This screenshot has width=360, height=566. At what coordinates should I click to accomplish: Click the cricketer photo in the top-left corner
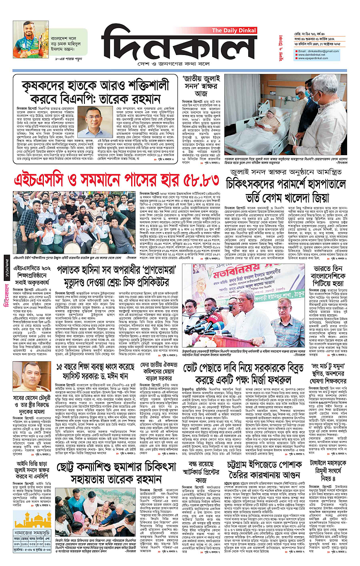click(27, 39)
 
